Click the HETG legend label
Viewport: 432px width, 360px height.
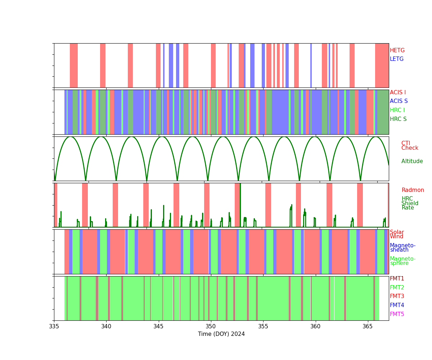point(397,50)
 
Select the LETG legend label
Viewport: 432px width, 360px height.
point(397,59)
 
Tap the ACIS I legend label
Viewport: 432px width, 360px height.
point(398,93)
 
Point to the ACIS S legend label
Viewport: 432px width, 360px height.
point(399,101)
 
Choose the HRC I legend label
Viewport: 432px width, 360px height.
point(397,110)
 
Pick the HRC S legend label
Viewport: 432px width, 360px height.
point(398,119)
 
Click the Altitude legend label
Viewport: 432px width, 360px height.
point(412,161)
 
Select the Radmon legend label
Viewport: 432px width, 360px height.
point(413,190)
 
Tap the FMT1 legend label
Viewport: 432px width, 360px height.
point(397,279)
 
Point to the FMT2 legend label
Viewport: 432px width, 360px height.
point(397,288)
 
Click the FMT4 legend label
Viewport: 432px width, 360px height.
point(397,305)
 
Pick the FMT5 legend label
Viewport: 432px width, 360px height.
point(397,314)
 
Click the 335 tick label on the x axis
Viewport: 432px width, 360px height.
point(54,327)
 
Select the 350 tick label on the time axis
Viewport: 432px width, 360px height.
point(211,327)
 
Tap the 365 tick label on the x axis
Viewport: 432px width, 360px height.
point(368,327)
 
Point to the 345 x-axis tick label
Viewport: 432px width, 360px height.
point(158,327)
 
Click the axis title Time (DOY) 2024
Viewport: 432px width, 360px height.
point(221,334)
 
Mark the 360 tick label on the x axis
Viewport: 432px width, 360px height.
point(315,327)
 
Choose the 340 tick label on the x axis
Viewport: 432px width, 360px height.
point(106,327)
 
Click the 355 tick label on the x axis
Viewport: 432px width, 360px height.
point(263,327)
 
